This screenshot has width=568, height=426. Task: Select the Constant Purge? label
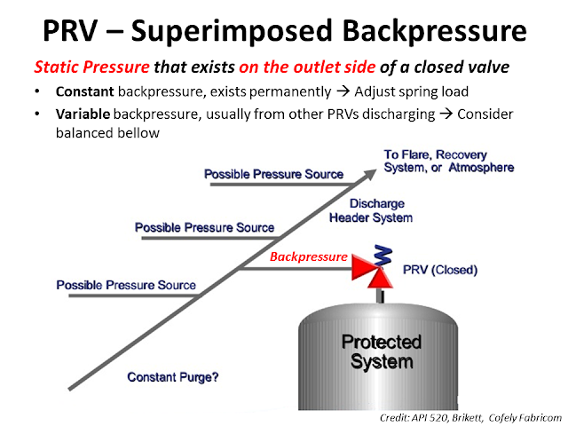[173, 376]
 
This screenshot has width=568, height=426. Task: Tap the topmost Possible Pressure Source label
[273, 174]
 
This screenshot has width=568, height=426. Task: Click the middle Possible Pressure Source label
[204, 228]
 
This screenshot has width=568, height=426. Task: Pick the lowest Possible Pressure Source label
[126, 285]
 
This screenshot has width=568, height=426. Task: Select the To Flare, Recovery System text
[448, 161]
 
